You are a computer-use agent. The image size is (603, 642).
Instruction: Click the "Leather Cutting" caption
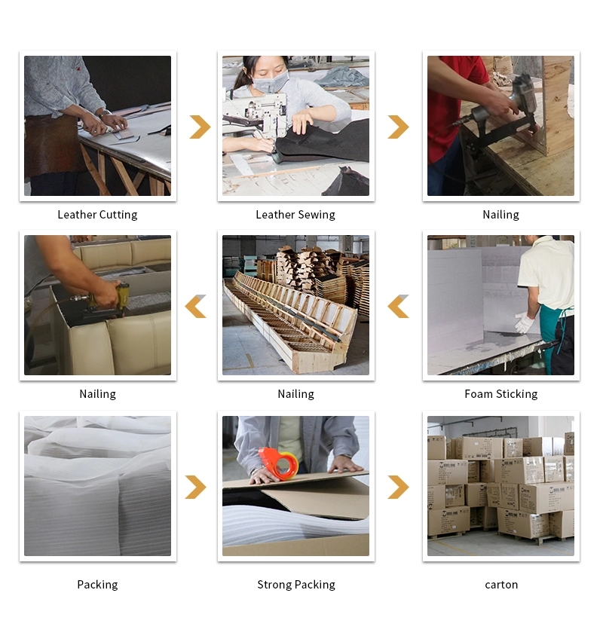tap(97, 215)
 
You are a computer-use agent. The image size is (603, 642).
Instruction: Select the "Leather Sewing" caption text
tap(295, 215)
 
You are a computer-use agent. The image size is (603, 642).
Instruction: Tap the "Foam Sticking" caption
tap(501, 394)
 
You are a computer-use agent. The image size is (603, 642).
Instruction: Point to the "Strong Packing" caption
tap(296, 584)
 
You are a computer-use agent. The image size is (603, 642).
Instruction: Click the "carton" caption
tap(501, 585)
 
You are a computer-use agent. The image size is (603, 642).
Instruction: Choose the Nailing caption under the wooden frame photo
tap(295, 394)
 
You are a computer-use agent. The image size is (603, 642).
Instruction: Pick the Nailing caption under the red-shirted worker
tap(500, 215)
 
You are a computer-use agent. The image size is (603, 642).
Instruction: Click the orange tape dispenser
tap(279, 463)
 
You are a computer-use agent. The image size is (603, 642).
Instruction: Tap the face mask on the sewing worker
tap(270, 82)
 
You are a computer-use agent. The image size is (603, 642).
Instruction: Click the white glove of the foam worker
tap(524, 322)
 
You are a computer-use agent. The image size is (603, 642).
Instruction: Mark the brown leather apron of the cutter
tap(53, 145)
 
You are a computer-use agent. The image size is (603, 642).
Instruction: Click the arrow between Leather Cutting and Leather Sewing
tap(200, 127)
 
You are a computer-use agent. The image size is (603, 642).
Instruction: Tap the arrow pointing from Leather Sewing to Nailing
tap(398, 127)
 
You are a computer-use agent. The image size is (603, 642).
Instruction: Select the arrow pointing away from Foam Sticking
tap(398, 306)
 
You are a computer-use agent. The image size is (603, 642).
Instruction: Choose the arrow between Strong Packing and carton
tap(398, 488)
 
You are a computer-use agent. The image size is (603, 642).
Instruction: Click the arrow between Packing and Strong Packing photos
tap(195, 488)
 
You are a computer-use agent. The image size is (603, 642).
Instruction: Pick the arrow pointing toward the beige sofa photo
tap(195, 306)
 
